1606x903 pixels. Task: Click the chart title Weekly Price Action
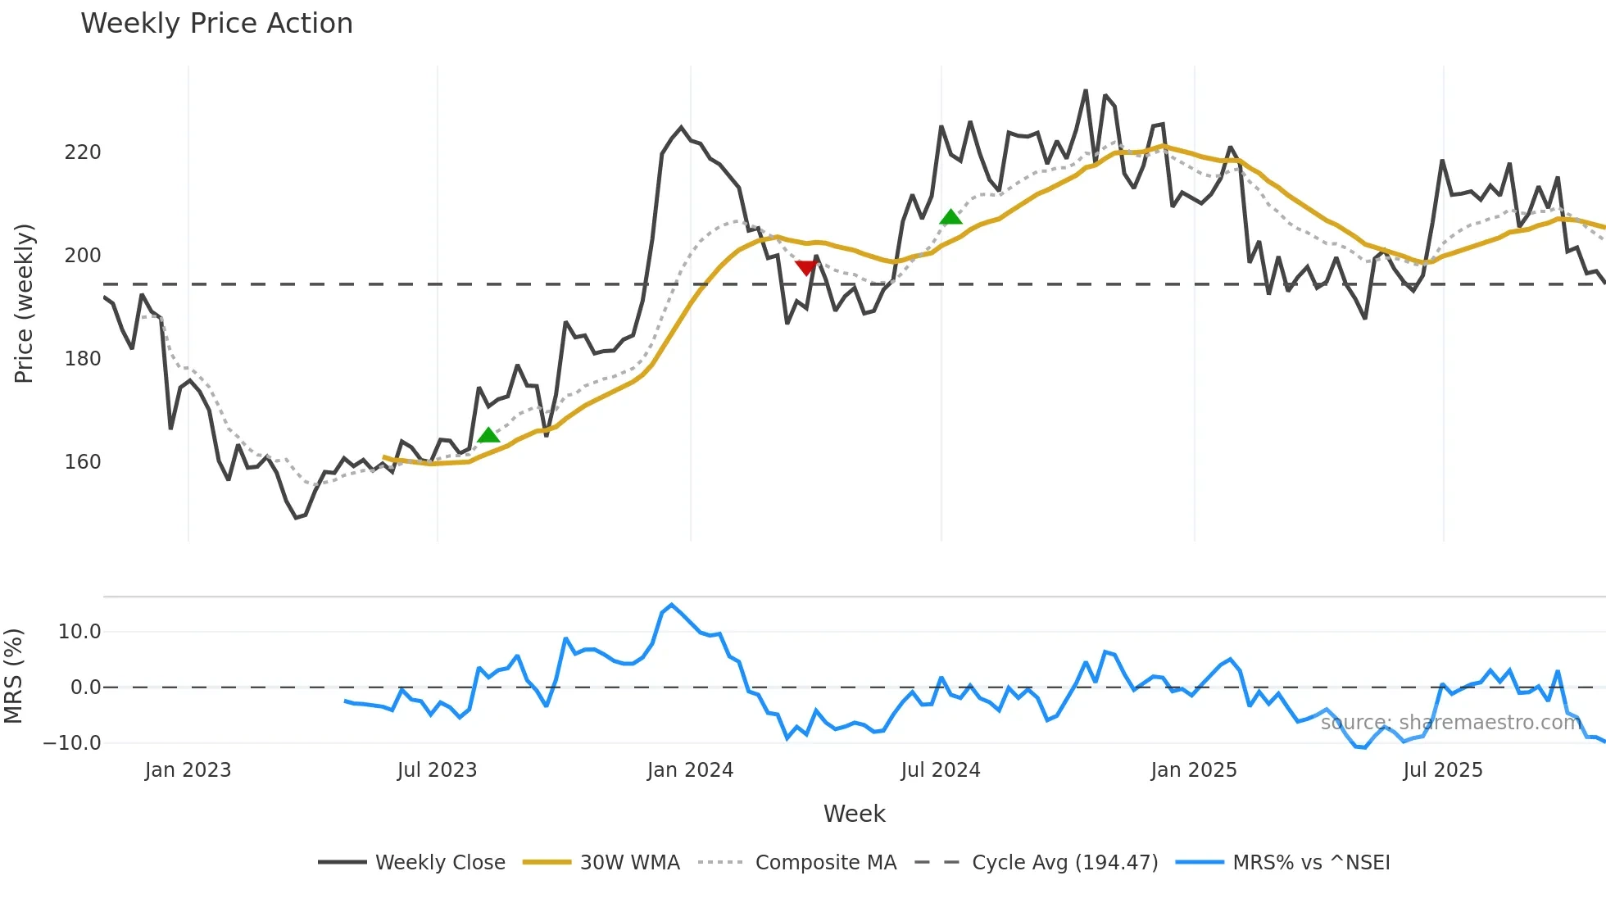pyautogui.click(x=216, y=24)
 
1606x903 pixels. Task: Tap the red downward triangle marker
pyautogui.click(x=806, y=267)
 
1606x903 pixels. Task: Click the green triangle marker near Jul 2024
pyautogui.click(x=950, y=217)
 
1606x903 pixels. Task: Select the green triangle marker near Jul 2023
pyautogui.click(x=488, y=435)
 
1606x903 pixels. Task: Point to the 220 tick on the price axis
pyautogui.click(x=83, y=152)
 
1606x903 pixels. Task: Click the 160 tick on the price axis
pyautogui.click(x=83, y=462)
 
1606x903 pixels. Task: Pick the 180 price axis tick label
pyautogui.click(x=83, y=359)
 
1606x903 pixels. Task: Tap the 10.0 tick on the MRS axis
pyautogui.click(x=79, y=632)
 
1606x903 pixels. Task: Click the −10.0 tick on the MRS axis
pyautogui.click(x=73, y=743)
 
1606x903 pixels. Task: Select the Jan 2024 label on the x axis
pyautogui.click(x=690, y=770)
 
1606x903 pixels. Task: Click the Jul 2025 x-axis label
pyautogui.click(x=1442, y=770)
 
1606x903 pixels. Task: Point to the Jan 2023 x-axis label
pyautogui.click(x=188, y=770)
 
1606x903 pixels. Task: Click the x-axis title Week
pyautogui.click(x=854, y=814)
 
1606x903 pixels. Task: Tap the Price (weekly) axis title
pyautogui.click(x=25, y=303)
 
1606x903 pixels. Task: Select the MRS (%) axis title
pyautogui.click(x=14, y=676)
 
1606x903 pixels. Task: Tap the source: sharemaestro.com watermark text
pyautogui.click(x=1450, y=722)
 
